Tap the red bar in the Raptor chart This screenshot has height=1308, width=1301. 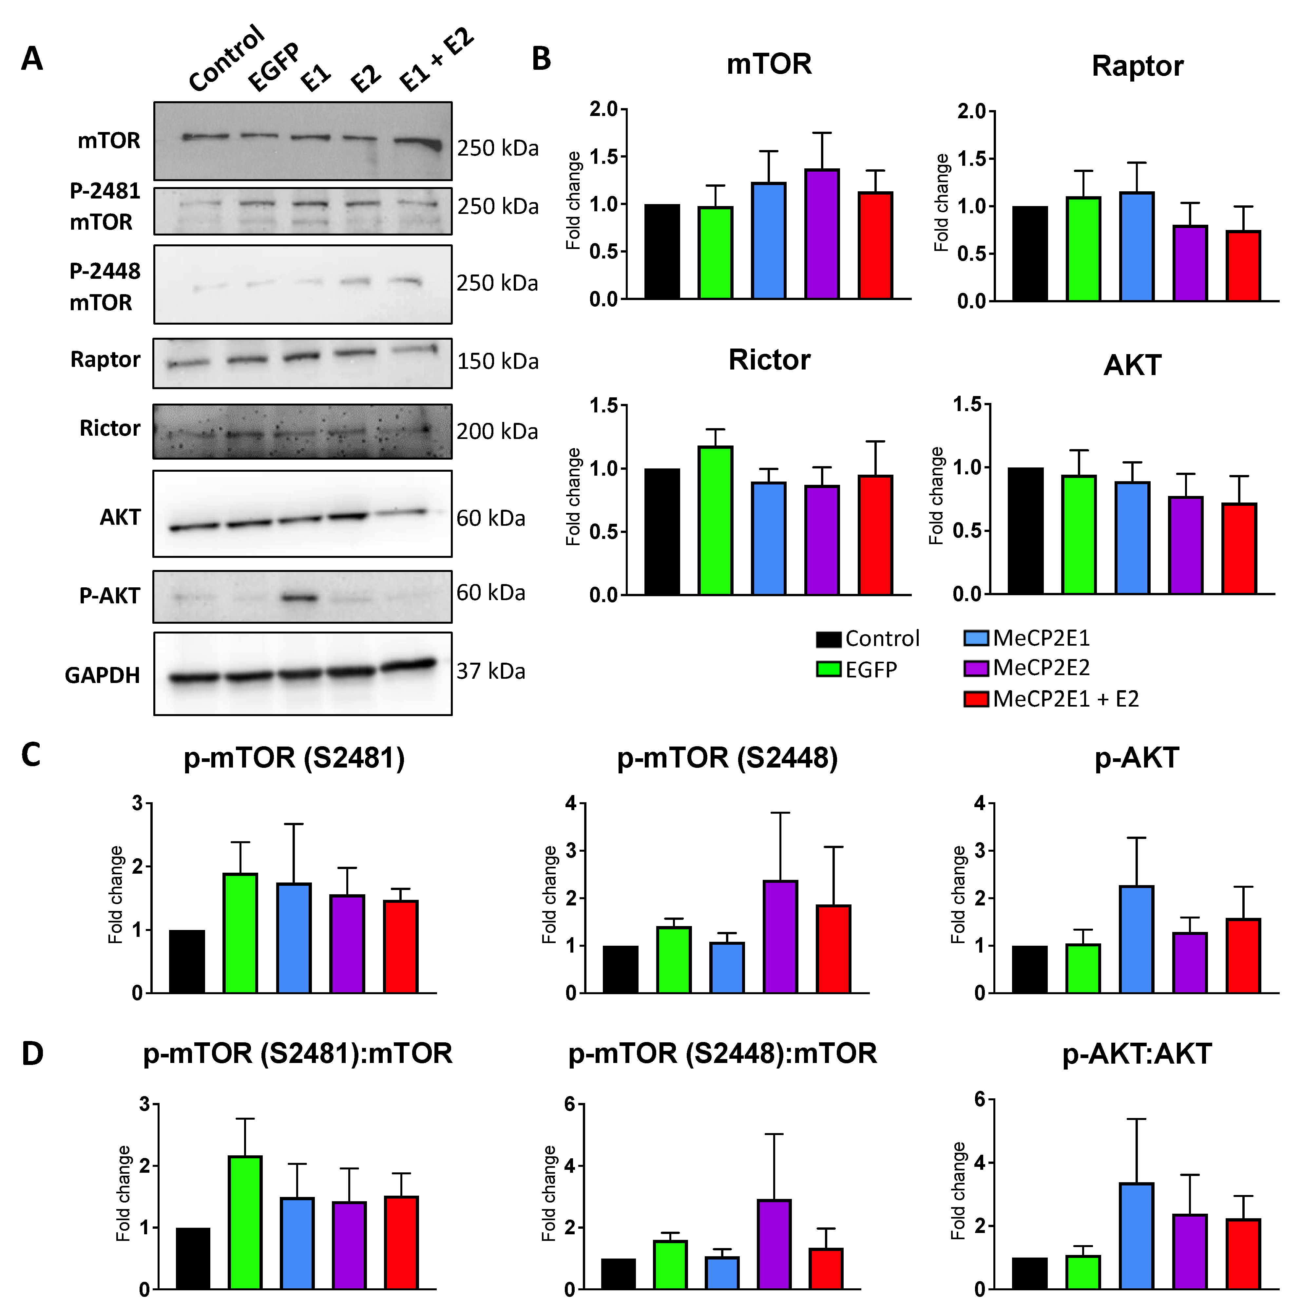pyautogui.click(x=1243, y=266)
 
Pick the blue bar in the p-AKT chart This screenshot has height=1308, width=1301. pyautogui.click(x=1137, y=940)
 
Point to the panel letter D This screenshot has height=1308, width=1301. pyautogui.click(x=32, y=1054)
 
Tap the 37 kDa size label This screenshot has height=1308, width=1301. pyautogui.click(x=490, y=672)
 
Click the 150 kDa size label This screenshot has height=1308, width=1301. pyautogui.click(x=498, y=362)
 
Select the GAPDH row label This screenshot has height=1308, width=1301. pyautogui.click(x=102, y=676)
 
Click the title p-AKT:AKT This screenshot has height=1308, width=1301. pyautogui.click(x=1137, y=1054)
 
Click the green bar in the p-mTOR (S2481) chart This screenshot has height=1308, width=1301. pyautogui.click(x=240, y=934)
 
